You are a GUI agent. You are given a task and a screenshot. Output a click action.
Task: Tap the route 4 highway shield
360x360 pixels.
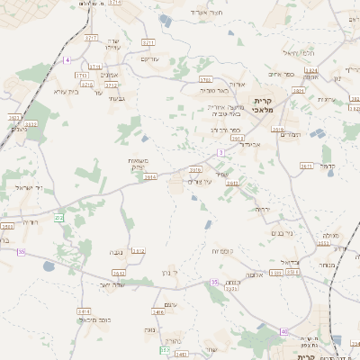click(67, 59)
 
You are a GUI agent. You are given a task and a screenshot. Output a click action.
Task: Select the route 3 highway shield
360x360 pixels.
click(220, 153)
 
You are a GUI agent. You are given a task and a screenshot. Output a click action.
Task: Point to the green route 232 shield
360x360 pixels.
click(59, 218)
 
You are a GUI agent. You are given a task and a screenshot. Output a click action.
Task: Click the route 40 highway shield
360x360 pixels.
click(283, 331)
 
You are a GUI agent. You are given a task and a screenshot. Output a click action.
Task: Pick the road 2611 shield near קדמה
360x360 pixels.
click(306, 166)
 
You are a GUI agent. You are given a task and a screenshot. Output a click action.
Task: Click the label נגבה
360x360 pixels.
click(115, 254)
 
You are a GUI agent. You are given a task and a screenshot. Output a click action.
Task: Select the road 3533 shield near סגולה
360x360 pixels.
click(324, 243)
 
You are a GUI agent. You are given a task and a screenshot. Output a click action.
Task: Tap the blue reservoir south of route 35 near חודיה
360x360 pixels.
click(48, 266)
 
